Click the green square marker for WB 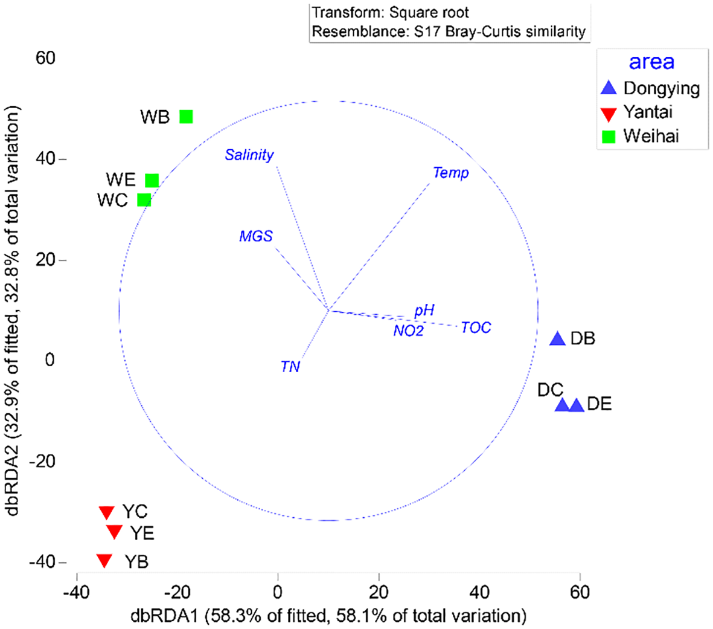186,117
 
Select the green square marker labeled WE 152,181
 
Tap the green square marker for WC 144,200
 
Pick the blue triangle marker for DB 557,339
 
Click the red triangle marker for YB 104,561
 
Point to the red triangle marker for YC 107,512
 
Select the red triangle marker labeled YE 114,532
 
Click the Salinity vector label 249,155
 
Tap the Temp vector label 451,173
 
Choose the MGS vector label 256,236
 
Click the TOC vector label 476,327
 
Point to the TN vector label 290,367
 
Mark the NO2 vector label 409,331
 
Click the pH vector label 424,311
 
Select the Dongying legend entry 661,88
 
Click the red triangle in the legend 609,113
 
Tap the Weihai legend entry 651,136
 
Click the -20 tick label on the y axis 43,461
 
